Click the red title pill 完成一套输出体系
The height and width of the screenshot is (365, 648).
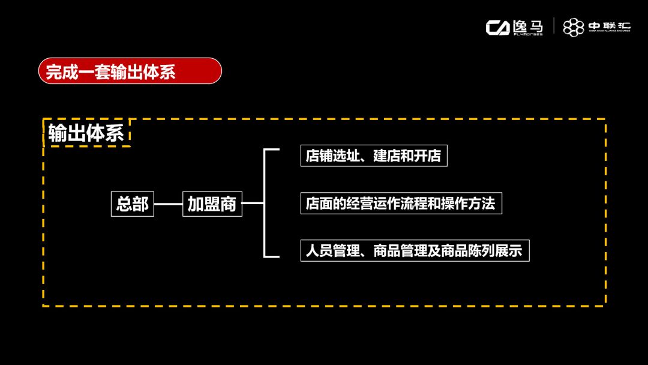coord(130,71)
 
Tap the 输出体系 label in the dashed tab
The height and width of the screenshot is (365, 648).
coord(86,133)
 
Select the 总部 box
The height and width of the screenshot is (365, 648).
coord(133,204)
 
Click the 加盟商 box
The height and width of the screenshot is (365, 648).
coord(212,204)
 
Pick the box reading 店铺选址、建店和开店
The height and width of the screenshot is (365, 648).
coord(373,156)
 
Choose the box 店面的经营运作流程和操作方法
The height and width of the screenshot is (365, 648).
coord(400,204)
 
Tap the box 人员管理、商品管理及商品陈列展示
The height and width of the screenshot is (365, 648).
coord(414,250)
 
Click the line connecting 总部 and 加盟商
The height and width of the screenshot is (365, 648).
coord(168,204)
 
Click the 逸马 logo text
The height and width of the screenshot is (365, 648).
coord(528,26)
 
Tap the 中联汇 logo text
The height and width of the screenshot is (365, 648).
coord(609,26)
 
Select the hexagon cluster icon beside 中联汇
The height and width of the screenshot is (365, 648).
coord(574,27)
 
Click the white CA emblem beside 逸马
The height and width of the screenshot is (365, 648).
coord(497,27)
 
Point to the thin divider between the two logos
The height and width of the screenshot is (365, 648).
coord(554,27)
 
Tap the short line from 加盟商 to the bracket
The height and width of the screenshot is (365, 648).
coord(253,204)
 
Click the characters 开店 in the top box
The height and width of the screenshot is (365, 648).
coord(428,156)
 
